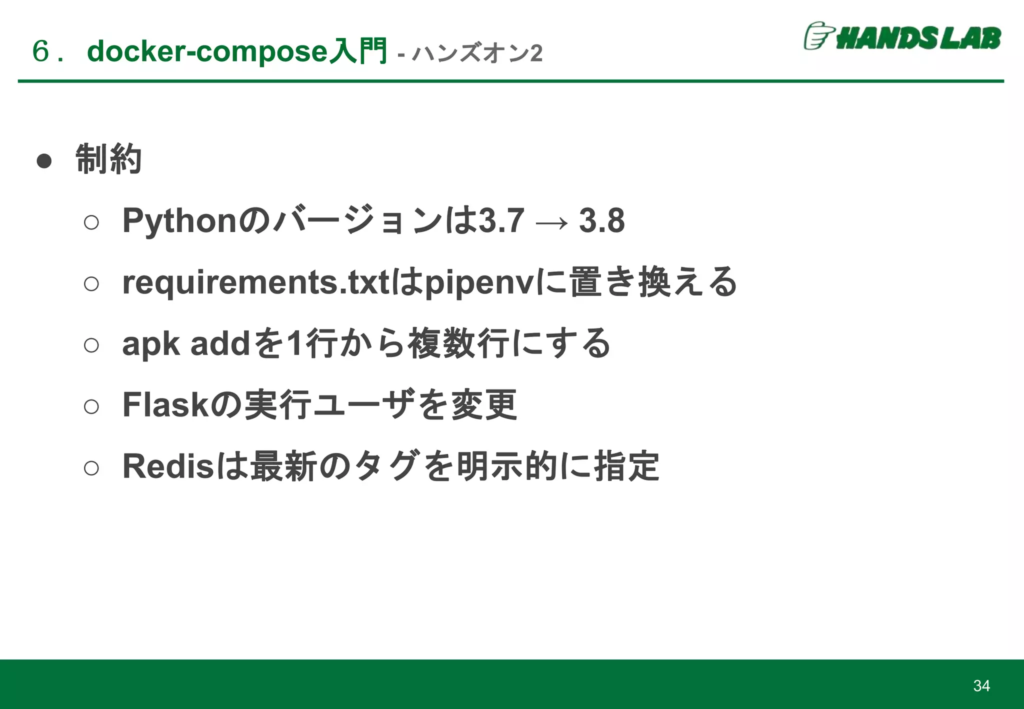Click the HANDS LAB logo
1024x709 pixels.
point(902,37)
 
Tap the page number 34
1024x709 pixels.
point(981,685)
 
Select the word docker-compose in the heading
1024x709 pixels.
point(207,51)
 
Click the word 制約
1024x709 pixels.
point(108,159)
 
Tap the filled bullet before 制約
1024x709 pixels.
point(44,161)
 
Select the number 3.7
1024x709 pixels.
point(501,220)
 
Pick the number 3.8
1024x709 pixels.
point(601,220)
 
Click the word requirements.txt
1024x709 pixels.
point(255,282)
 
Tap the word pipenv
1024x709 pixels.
point(480,283)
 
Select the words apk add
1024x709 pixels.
point(185,344)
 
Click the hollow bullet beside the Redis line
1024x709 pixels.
point(91,468)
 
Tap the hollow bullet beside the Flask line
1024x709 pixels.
point(91,406)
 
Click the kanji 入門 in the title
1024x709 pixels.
point(358,51)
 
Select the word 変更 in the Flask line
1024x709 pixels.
point(484,404)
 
